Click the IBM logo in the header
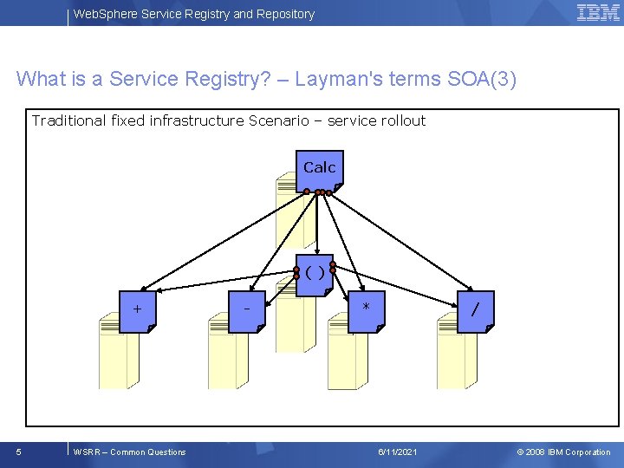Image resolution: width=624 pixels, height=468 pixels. [598, 12]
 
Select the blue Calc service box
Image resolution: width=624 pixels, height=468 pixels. [320, 170]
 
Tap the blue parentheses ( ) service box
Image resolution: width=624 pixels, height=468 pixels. [315, 275]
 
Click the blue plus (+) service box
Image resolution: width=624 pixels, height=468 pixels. [138, 310]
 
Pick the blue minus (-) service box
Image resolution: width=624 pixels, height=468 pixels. [248, 310]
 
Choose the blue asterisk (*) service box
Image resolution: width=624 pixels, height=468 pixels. [367, 310]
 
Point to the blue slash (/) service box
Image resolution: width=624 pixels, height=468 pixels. [476, 310]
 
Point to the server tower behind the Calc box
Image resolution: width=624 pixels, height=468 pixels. [289, 217]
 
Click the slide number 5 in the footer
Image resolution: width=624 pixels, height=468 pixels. [20, 452]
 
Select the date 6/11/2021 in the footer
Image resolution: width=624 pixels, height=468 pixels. [398, 452]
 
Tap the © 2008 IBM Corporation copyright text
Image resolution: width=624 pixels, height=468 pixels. [563, 452]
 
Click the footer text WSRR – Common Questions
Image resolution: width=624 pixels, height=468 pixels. [130, 452]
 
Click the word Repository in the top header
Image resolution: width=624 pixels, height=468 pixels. [285, 14]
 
